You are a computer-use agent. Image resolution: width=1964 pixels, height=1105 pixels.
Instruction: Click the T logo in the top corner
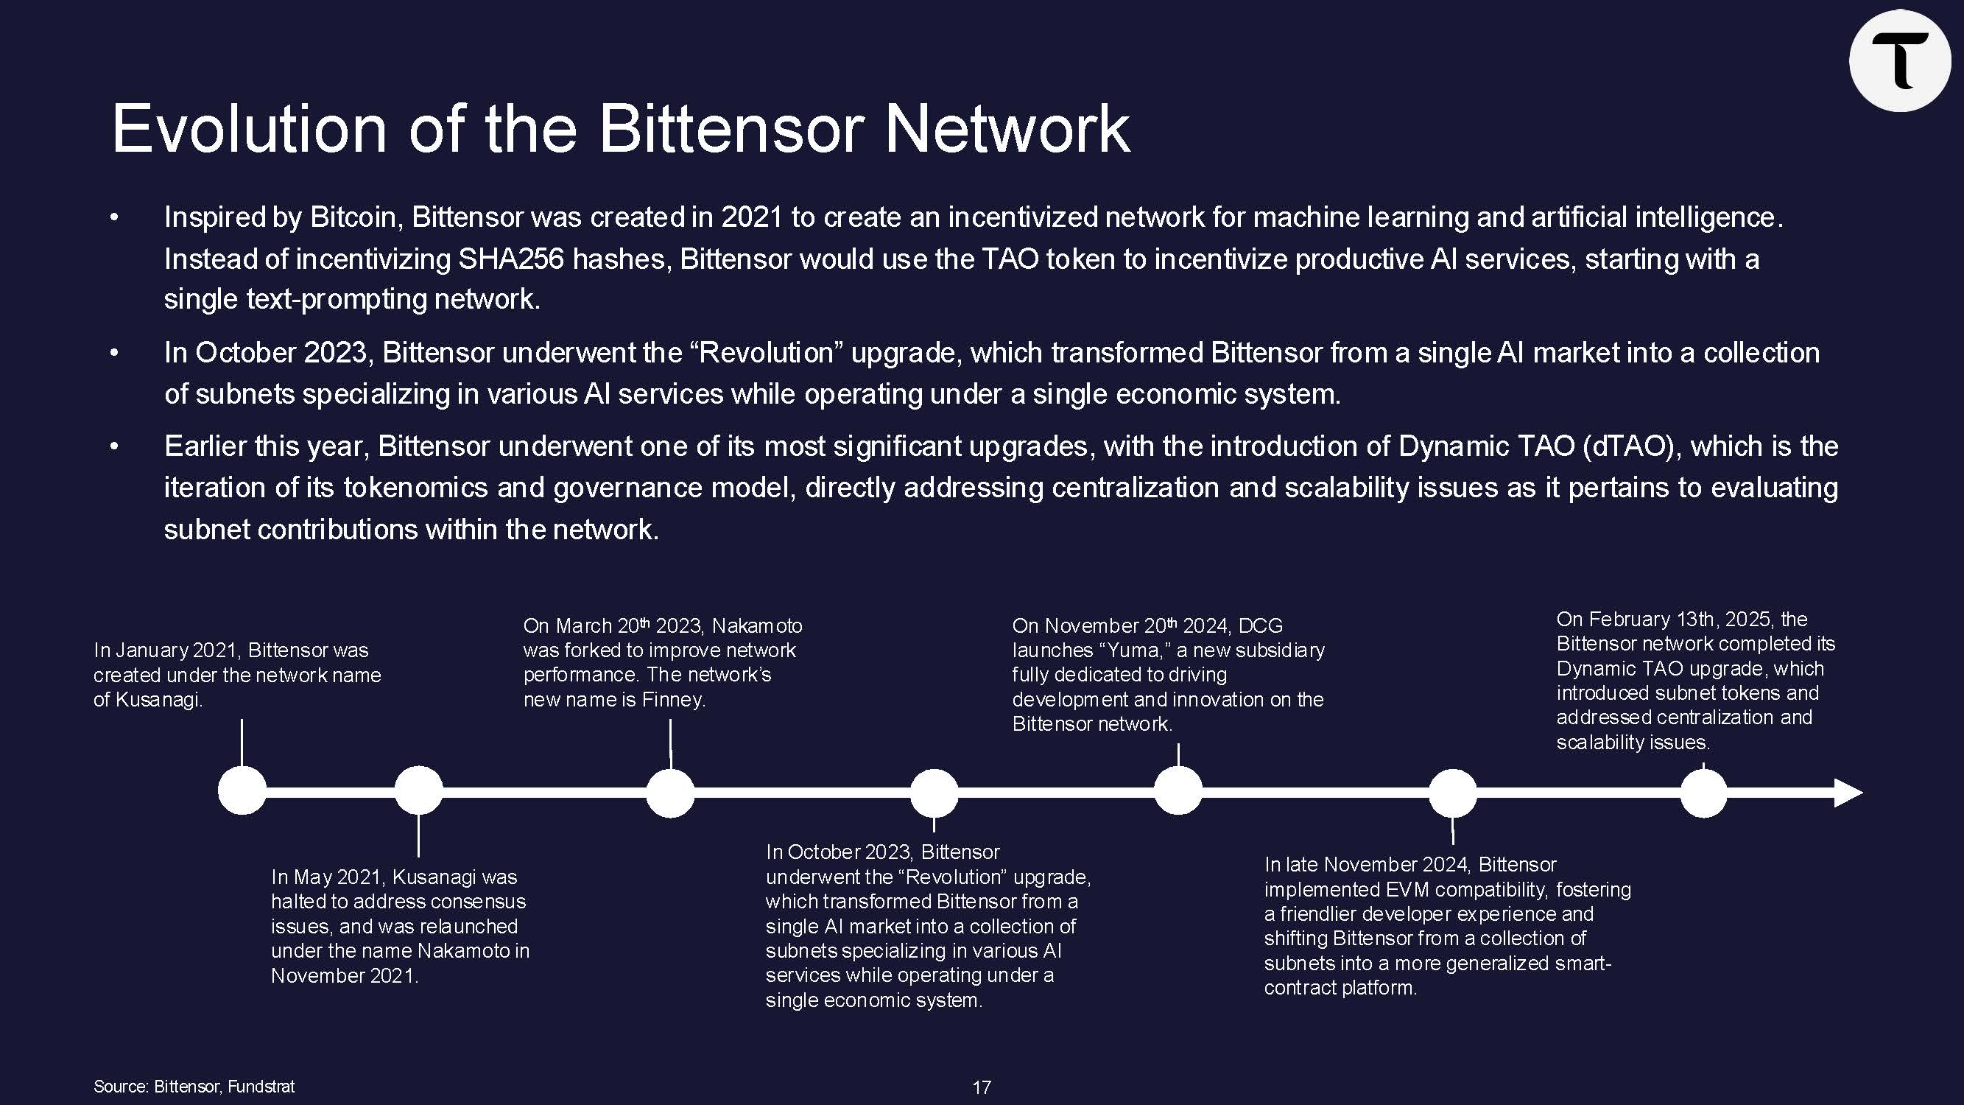tap(1899, 61)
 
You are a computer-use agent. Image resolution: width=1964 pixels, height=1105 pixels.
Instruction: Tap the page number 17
tap(981, 1087)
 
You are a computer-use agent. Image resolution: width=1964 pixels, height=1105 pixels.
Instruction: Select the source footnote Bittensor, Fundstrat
tap(194, 1086)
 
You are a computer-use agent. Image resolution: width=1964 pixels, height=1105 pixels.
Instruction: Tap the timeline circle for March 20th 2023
tap(670, 793)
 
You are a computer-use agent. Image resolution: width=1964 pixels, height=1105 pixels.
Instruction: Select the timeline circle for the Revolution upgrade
tap(934, 793)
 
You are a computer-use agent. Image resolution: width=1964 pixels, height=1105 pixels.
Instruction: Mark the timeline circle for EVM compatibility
tap(1452, 793)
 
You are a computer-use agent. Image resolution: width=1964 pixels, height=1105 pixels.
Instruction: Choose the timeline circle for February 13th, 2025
tap(1703, 793)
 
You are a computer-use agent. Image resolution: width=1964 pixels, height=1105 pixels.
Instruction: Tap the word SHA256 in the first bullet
tap(511, 259)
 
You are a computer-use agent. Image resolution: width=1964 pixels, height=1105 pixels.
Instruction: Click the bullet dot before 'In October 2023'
tap(114, 353)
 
